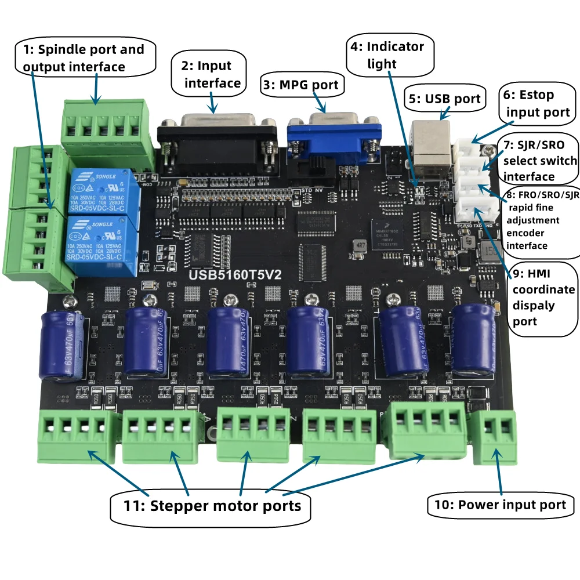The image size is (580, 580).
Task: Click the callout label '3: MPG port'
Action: tap(300, 85)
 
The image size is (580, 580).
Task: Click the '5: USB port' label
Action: tap(445, 99)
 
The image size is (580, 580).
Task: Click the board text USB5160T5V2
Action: tap(231, 275)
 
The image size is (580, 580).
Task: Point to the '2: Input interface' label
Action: tap(208, 74)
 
